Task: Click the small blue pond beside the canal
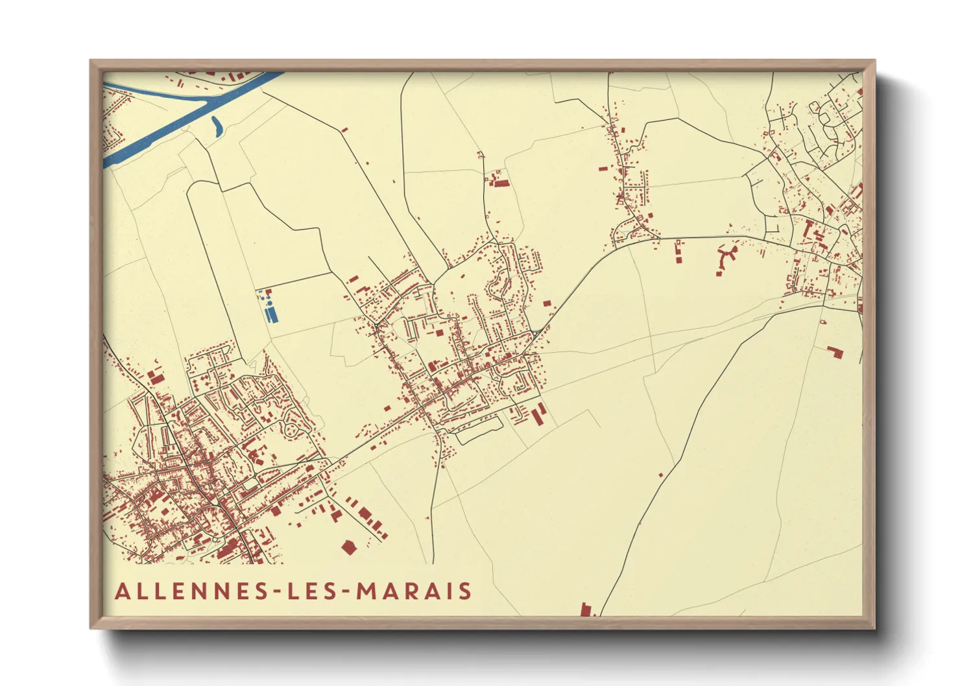tap(216, 126)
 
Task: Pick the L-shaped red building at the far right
tap(834, 352)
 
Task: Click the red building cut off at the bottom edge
tap(586, 609)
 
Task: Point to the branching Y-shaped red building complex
tap(727, 255)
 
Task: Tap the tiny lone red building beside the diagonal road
tap(660, 475)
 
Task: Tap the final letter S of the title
tap(465, 591)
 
